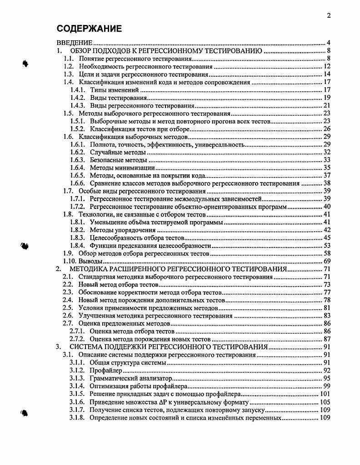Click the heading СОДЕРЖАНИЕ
click(89, 29)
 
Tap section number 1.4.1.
click(78, 90)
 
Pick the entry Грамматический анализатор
click(131, 378)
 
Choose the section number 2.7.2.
click(78, 339)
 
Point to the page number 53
click(327, 245)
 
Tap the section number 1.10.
click(70, 261)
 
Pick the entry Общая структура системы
click(128, 363)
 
